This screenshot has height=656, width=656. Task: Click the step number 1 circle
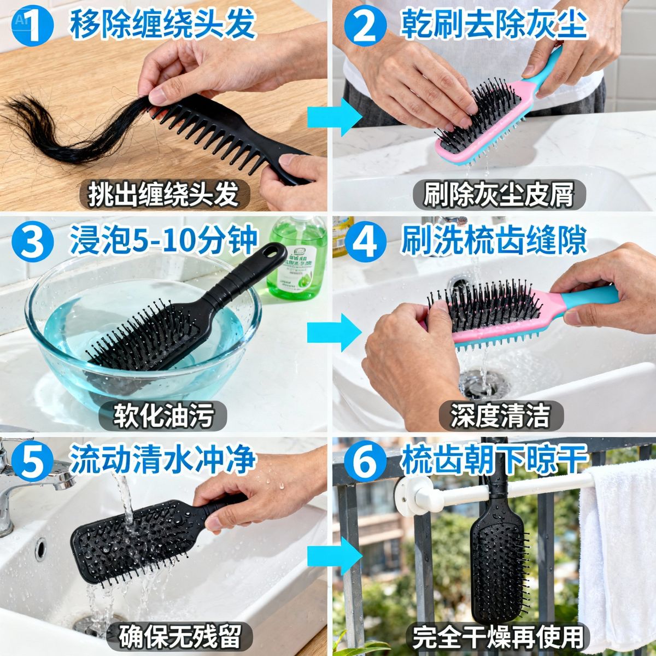click(x=34, y=25)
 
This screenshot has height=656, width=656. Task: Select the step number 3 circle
click(x=34, y=242)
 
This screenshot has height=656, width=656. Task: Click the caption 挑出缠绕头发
click(x=163, y=194)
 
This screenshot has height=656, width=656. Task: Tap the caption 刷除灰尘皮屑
click(x=499, y=194)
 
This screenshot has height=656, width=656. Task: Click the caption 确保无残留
click(x=180, y=636)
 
